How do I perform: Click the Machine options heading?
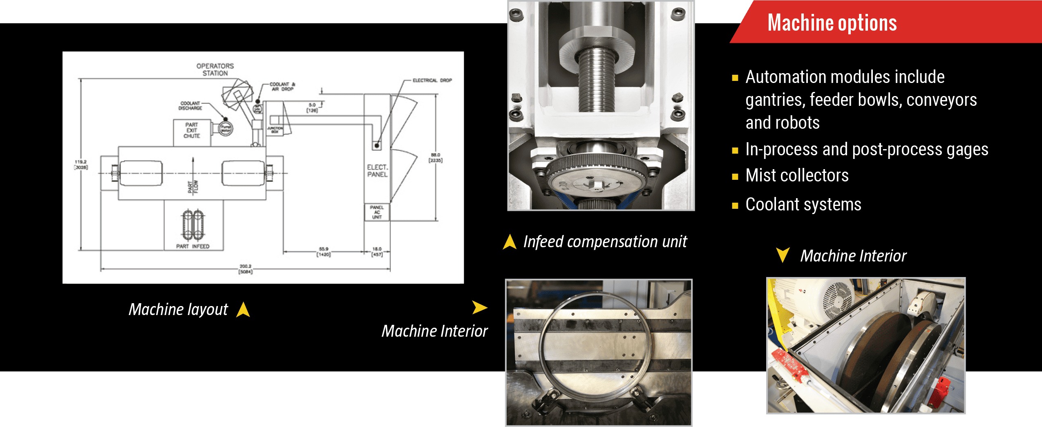coord(832,23)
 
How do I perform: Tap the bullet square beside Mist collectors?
coord(735,177)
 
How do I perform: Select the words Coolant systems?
coord(803,204)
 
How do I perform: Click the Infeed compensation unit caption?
coord(605,242)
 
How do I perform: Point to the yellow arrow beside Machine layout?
coord(243,310)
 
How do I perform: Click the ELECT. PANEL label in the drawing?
coord(377,171)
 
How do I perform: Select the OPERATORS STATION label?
coord(215,69)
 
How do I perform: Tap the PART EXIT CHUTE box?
coord(192,131)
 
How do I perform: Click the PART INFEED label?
coord(192,246)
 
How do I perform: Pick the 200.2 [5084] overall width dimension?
coord(246,269)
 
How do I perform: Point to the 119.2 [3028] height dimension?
coord(81,165)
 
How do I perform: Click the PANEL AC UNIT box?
coord(377,212)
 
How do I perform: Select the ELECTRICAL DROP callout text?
coord(432,80)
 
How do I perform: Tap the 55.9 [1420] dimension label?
coord(323,251)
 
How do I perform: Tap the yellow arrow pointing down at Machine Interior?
coord(783,255)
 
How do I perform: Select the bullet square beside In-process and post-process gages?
coord(735,151)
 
